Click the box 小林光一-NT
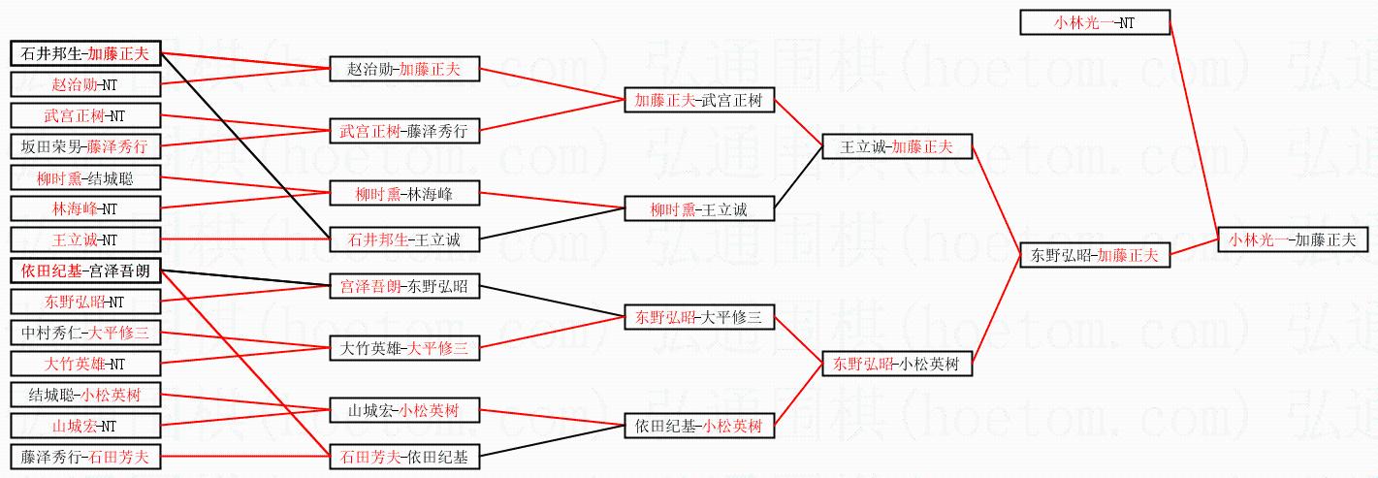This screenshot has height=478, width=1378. coord(1095,22)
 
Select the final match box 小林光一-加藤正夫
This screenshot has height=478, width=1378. coord(1292,239)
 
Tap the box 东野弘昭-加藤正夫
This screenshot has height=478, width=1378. coord(1095,256)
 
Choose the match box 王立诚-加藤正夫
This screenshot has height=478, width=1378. coord(897,147)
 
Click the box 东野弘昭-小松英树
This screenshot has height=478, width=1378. coord(897,365)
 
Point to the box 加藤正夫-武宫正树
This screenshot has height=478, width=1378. coord(699,100)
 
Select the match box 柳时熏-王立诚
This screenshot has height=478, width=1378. coord(699,208)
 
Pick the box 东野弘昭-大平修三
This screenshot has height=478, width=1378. coord(699,317)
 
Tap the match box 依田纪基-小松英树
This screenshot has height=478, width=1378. coord(699,426)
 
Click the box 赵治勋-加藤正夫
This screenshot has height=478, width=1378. coord(404,69)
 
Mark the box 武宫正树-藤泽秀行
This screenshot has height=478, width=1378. coord(404,131)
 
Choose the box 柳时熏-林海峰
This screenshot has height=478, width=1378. coord(404,194)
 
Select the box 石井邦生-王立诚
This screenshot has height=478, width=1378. coord(404,239)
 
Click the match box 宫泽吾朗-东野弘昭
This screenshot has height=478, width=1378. coord(404,286)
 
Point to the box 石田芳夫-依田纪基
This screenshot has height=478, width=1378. coord(404,456)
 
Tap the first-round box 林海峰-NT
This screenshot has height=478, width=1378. coord(85,208)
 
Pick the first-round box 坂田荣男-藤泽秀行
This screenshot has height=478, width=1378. coord(85,146)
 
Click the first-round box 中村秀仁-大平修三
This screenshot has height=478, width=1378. coord(85,333)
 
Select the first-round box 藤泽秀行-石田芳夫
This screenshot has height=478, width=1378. coord(85,456)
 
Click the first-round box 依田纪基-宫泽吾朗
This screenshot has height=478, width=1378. coord(85,271)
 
